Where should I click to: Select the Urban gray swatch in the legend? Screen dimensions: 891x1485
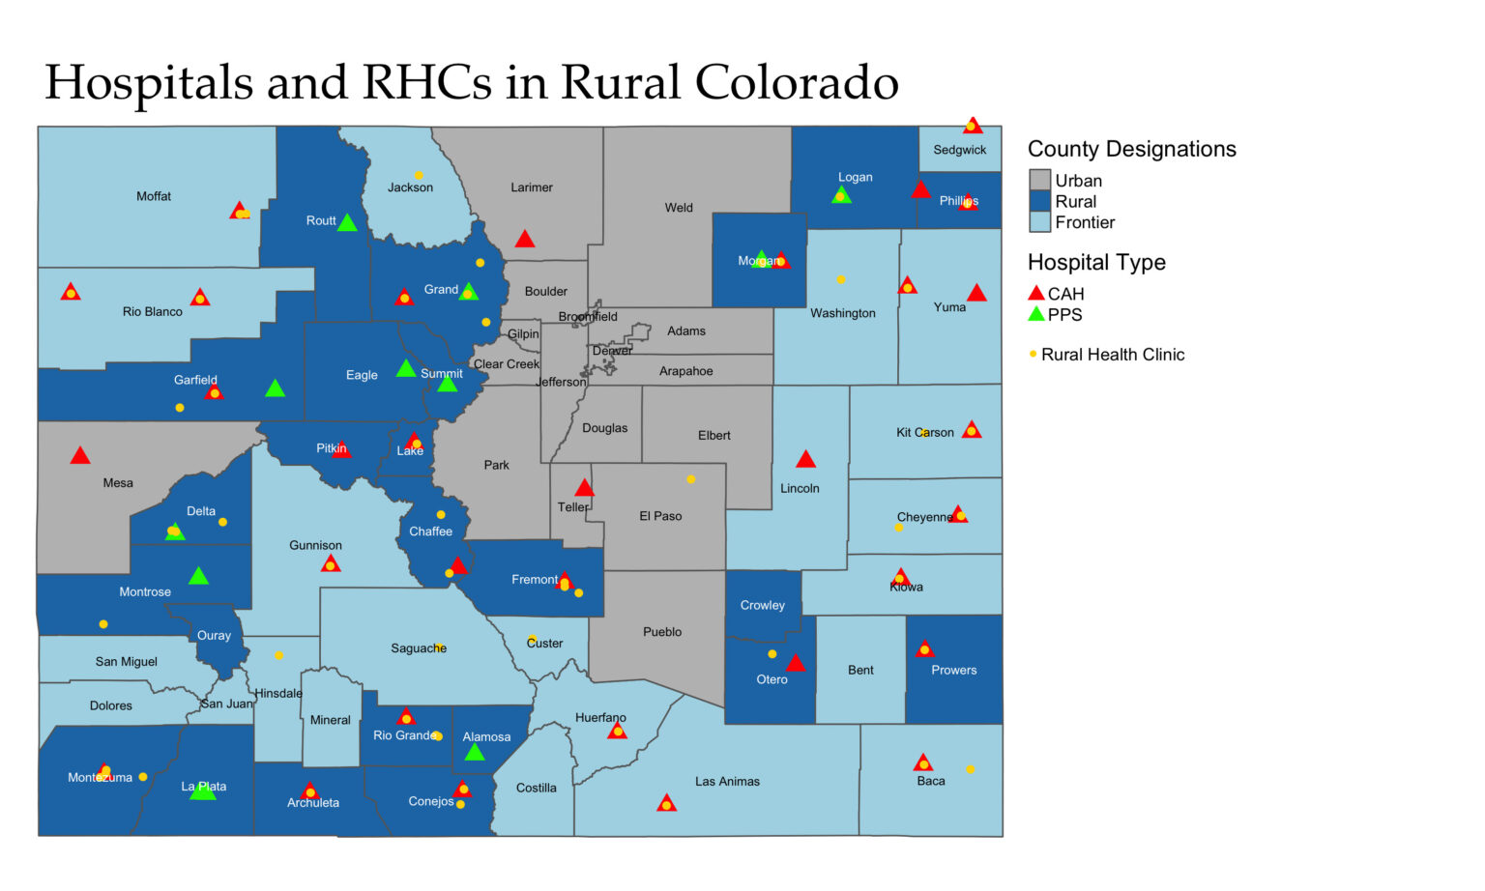coord(1039,181)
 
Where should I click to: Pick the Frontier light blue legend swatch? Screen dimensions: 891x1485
coord(1039,222)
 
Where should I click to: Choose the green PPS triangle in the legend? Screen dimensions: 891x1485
coord(1036,314)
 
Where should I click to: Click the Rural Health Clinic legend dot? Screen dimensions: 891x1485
coord(1034,355)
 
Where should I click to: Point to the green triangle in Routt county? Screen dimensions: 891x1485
coord(347,223)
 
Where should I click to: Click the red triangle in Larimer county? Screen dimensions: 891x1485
coord(524,239)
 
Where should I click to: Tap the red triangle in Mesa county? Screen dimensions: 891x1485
coord(80,455)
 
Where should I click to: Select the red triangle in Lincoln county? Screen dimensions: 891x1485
coord(805,459)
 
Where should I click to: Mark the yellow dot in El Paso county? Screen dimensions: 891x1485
coord(690,479)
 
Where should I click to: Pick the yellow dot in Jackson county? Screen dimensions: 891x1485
coord(419,175)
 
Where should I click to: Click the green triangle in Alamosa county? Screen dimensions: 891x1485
coord(474,752)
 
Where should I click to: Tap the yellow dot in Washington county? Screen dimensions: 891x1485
coord(841,279)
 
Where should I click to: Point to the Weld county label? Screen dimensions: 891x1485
coord(679,208)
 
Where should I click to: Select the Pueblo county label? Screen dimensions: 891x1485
coord(662,632)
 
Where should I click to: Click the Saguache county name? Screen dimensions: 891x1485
coord(419,648)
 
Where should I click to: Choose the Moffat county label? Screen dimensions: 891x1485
coord(154,196)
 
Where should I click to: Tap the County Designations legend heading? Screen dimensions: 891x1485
coord(1131,149)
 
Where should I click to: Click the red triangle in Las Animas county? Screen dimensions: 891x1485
coord(666,803)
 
